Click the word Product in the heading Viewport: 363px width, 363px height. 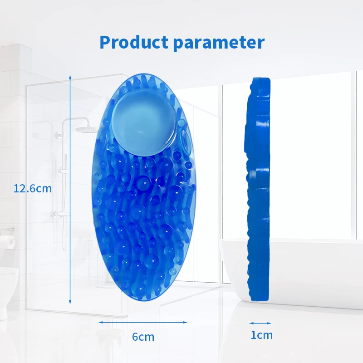(x=134, y=42)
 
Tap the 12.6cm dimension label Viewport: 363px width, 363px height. (x=33, y=188)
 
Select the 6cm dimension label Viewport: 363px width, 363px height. (x=143, y=337)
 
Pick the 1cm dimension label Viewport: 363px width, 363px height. (x=262, y=335)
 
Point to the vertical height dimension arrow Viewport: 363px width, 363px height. (x=70, y=189)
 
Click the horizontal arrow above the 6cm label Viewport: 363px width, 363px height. (x=143, y=322)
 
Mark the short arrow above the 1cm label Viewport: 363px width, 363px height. (x=260, y=323)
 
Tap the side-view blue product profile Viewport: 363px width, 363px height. (x=258, y=189)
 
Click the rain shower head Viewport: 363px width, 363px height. (x=87, y=129)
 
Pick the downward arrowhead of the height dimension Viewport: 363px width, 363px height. (x=70, y=302)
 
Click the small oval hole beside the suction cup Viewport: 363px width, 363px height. (x=186, y=142)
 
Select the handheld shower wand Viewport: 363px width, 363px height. (x=65, y=201)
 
